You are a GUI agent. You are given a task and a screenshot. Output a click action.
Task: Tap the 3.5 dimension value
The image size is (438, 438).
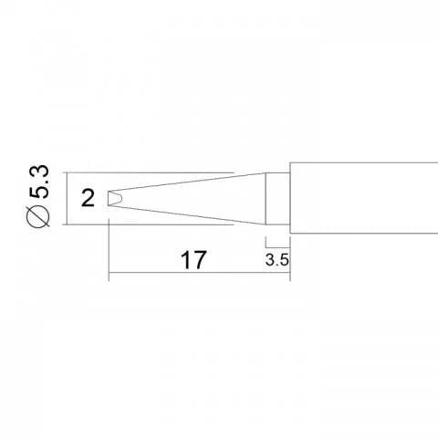point(277,259)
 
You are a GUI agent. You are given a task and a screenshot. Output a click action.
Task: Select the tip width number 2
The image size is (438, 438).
point(87,198)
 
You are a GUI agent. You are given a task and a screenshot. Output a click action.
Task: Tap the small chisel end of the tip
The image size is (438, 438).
point(114,198)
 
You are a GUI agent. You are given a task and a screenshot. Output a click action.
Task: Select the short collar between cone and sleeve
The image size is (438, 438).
point(278,197)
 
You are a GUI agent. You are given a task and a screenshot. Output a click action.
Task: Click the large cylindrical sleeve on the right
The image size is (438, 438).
point(365,197)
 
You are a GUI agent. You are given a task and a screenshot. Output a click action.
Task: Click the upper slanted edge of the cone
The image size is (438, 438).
point(192,182)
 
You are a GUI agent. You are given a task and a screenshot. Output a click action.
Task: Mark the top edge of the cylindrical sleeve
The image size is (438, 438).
point(365,164)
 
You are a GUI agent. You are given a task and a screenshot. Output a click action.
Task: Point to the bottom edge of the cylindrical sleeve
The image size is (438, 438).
point(365,230)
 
